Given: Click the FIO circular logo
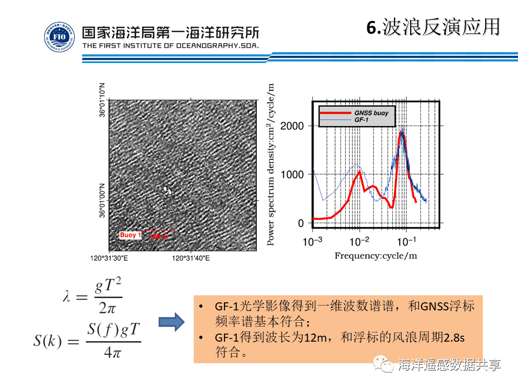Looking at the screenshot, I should (59, 37).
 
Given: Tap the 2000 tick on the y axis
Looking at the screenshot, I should (295, 126).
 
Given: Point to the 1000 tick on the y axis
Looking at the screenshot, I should (295, 175).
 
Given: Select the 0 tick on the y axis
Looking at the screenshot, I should (302, 223).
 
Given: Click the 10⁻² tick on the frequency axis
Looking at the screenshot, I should (359, 240).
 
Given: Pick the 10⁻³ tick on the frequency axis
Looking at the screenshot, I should (312, 240).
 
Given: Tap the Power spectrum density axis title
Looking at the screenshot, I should (271, 165).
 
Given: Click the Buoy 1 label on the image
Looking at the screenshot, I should (131, 235).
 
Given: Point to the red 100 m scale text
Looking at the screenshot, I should (159, 237).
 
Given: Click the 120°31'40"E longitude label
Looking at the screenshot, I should (190, 259).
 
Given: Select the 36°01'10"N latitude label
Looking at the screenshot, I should (103, 100).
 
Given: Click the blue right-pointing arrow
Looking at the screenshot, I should (172, 323).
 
